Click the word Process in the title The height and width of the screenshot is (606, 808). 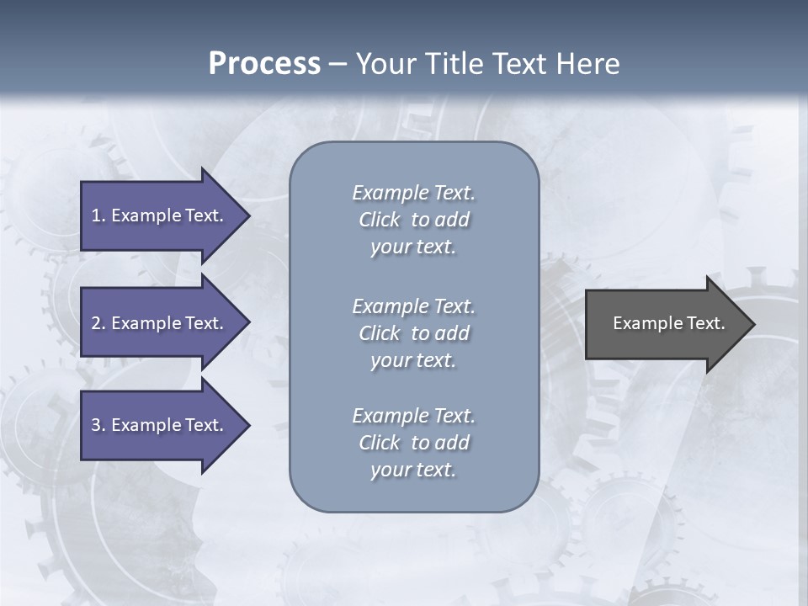click(x=264, y=64)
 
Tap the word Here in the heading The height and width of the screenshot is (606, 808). click(x=587, y=64)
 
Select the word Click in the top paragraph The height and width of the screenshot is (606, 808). click(x=379, y=220)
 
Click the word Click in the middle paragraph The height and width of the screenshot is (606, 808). click(x=379, y=333)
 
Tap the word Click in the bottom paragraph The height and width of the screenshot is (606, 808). click(x=379, y=443)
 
